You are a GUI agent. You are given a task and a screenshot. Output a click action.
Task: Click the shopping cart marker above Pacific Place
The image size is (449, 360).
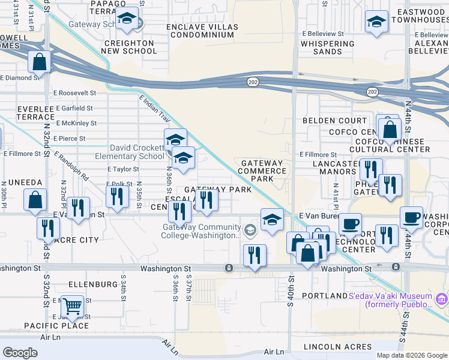[72, 306]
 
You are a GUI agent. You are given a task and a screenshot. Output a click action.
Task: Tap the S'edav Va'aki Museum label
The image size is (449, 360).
[390, 300]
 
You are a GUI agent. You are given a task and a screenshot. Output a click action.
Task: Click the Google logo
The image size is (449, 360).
[20, 353]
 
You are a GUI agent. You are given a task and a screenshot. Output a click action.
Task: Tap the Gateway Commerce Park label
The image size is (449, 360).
[262, 171]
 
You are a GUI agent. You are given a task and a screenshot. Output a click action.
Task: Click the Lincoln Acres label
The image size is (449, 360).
[331, 347]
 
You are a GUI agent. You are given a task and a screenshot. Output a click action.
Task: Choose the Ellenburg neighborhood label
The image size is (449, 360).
[93, 283]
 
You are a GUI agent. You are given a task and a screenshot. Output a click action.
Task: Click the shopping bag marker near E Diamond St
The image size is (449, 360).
[39, 61]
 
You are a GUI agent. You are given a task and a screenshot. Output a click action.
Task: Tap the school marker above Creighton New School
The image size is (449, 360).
[127, 19]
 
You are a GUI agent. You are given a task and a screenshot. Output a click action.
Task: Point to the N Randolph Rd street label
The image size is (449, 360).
[71, 166]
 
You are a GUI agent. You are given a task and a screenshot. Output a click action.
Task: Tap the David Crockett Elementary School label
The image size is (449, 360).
[136, 152]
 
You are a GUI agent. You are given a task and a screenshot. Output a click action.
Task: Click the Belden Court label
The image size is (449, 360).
[326, 121]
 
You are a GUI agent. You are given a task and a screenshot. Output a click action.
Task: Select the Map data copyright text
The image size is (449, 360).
[412, 355]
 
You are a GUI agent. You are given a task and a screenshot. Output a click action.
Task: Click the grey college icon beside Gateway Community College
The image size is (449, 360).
[250, 228]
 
